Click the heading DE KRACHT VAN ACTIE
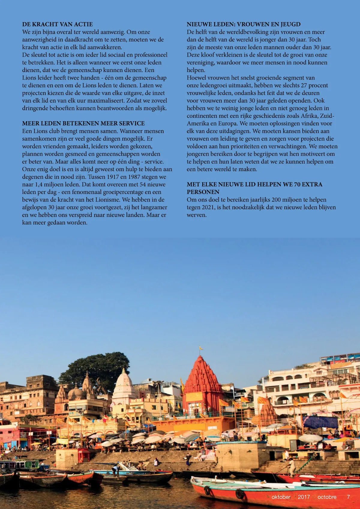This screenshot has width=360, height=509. tap(57, 24)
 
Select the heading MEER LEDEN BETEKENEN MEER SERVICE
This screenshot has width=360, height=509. tap(83, 123)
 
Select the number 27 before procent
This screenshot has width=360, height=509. tap(304, 85)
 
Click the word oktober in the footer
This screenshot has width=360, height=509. tap(281, 497)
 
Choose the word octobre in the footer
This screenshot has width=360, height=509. tap(327, 497)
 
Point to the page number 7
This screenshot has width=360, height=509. tap(348, 497)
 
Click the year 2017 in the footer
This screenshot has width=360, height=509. tap(304, 497)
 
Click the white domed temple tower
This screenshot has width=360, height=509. tap(124, 384)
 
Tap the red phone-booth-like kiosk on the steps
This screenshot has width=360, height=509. tap(83, 455)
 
